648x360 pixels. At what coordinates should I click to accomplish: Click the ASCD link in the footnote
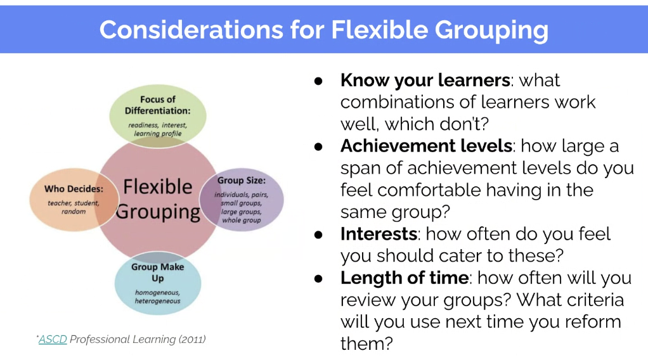point(53,339)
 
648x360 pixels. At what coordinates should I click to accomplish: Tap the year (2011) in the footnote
point(192,339)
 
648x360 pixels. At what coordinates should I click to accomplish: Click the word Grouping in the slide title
point(491,30)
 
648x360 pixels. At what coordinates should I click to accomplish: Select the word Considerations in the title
point(191,30)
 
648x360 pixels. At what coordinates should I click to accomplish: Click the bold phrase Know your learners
point(425,80)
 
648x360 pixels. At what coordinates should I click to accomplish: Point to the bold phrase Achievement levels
point(427,146)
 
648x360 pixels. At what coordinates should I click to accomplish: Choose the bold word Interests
point(379,234)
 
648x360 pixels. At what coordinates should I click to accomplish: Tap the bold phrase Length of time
point(405,278)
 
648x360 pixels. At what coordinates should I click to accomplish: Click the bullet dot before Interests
point(318,235)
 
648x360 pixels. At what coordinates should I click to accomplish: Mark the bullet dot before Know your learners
point(318,81)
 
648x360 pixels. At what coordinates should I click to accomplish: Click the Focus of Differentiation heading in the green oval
point(158,105)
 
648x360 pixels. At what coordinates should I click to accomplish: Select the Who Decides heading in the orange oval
point(74,189)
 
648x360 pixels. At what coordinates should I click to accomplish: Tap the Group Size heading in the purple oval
point(242,181)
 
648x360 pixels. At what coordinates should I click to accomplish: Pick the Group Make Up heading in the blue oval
point(157,273)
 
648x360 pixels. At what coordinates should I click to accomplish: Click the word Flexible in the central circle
point(158,187)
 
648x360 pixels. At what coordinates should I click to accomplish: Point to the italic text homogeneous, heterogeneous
point(157,297)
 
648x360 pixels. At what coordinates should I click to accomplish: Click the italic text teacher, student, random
point(74,207)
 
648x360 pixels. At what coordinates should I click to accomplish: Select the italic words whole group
point(242,221)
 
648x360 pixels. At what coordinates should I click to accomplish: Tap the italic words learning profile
point(157,134)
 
